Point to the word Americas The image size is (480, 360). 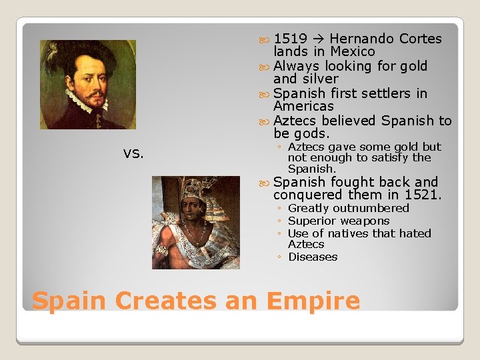point(303,107)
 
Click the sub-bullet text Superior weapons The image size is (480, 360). point(339,221)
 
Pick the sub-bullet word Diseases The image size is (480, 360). point(313,257)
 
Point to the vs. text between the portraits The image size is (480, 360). point(133,153)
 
